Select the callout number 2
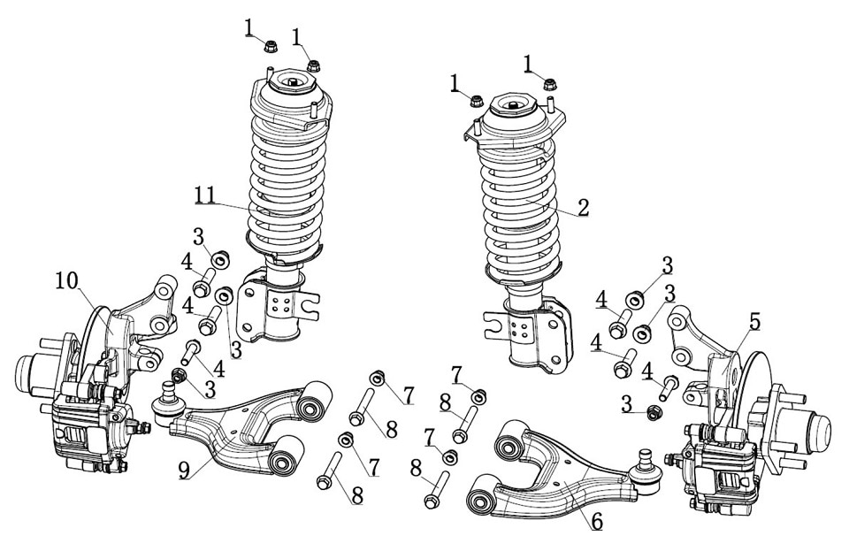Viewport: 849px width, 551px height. click(x=583, y=207)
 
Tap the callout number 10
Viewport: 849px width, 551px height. click(x=67, y=281)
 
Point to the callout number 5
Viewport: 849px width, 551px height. click(x=753, y=322)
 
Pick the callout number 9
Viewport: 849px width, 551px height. click(x=185, y=470)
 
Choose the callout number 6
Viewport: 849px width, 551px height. click(x=597, y=521)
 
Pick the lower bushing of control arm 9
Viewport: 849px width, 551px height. click(x=286, y=460)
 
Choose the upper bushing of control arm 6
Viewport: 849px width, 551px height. click(x=511, y=440)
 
